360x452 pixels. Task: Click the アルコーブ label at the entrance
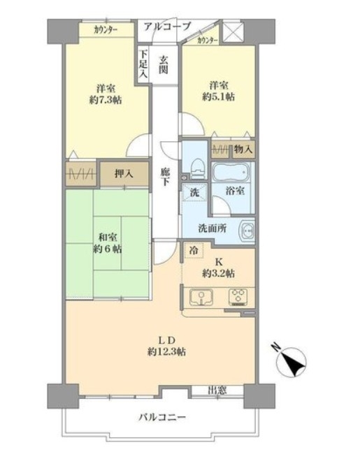pos(167,27)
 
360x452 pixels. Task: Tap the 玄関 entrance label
pos(164,65)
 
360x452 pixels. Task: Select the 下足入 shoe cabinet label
pos(143,64)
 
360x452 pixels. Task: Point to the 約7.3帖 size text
pos(106,100)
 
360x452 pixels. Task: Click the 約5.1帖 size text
pos(218,96)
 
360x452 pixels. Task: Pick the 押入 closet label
pos(124,173)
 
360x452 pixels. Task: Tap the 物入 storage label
pos(243,149)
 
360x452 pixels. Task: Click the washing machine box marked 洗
pos(195,192)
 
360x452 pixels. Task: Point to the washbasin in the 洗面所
pos(247,230)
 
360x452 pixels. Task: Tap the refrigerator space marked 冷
pos(194,250)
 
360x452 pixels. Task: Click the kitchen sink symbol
pos(201,297)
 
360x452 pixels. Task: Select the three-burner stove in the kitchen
pos(238,297)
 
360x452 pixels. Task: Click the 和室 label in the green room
pos(108,238)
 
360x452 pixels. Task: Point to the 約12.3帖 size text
pos(166,351)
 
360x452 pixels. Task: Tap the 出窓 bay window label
pos(217,391)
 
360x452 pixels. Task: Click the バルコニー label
pos(163,417)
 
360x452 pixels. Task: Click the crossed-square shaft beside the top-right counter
pos(233,32)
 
